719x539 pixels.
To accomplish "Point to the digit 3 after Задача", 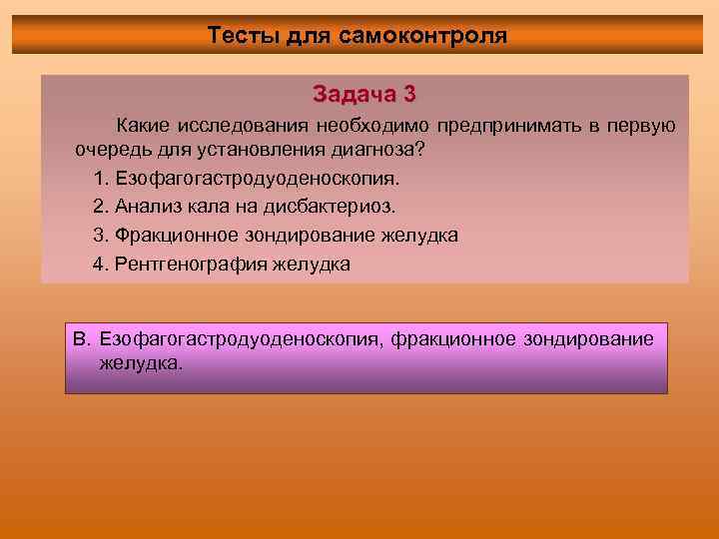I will [x=409, y=95].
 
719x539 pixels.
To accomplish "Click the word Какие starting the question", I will [x=144, y=126].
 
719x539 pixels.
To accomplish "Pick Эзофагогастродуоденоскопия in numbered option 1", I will [x=257, y=179].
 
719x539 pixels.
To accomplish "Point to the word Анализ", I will [x=148, y=207].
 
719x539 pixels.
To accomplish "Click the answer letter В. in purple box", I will [x=83, y=339].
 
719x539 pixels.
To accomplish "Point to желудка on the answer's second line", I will [x=141, y=364].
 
